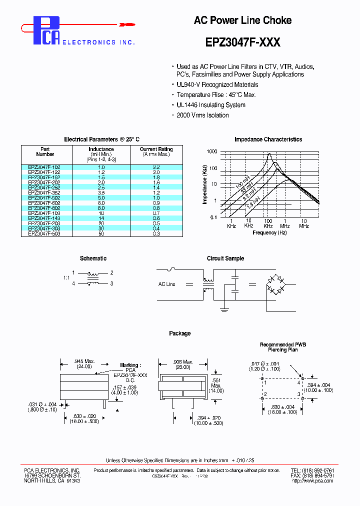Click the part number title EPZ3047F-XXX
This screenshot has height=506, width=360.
(x=243, y=42)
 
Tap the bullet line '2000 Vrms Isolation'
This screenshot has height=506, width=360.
(x=202, y=115)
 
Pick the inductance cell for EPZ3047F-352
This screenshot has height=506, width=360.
(x=101, y=192)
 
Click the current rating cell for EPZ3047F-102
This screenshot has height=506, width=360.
(x=156, y=167)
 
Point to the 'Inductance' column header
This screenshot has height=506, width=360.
(x=101, y=149)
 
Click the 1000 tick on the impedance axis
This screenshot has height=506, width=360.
(x=212, y=151)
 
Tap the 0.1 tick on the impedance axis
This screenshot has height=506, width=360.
(x=213, y=217)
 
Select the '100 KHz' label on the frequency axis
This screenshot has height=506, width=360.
(x=268, y=223)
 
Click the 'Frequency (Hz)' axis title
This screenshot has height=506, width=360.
(x=269, y=232)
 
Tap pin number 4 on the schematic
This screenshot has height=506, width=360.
(x=73, y=283)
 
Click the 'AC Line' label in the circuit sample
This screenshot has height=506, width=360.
(x=166, y=284)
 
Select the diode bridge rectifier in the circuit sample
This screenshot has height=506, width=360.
(x=274, y=284)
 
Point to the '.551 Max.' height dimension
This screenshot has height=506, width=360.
(x=216, y=385)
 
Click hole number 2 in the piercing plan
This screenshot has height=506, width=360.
(x=266, y=394)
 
